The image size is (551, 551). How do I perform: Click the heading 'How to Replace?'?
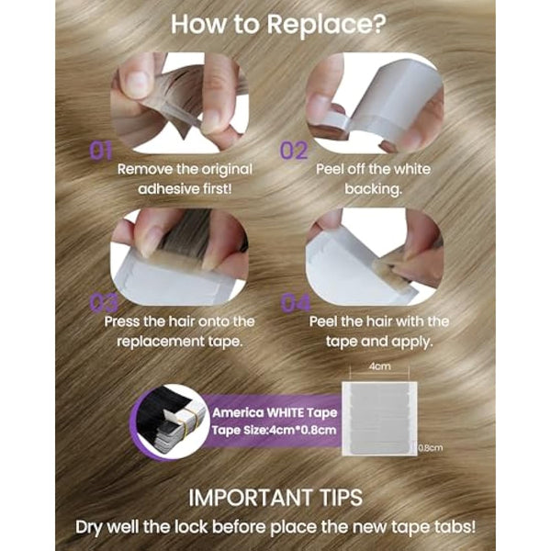(x=278, y=25)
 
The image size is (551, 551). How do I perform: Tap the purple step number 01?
(x=101, y=152)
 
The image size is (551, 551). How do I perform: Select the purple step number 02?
(x=294, y=152)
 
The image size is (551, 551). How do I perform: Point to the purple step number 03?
(x=104, y=303)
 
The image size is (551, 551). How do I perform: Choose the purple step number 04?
(x=296, y=303)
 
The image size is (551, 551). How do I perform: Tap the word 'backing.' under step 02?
(x=373, y=189)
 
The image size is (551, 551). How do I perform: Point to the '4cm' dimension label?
(x=380, y=366)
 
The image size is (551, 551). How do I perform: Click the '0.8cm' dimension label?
(x=431, y=448)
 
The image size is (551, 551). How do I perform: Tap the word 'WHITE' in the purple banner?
(x=284, y=413)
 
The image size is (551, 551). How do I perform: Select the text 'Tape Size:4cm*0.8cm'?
(x=274, y=431)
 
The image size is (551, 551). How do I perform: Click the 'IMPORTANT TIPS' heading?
(x=275, y=498)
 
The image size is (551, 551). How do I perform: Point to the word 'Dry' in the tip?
(x=89, y=527)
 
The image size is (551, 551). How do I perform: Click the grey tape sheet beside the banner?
(x=379, y=419)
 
